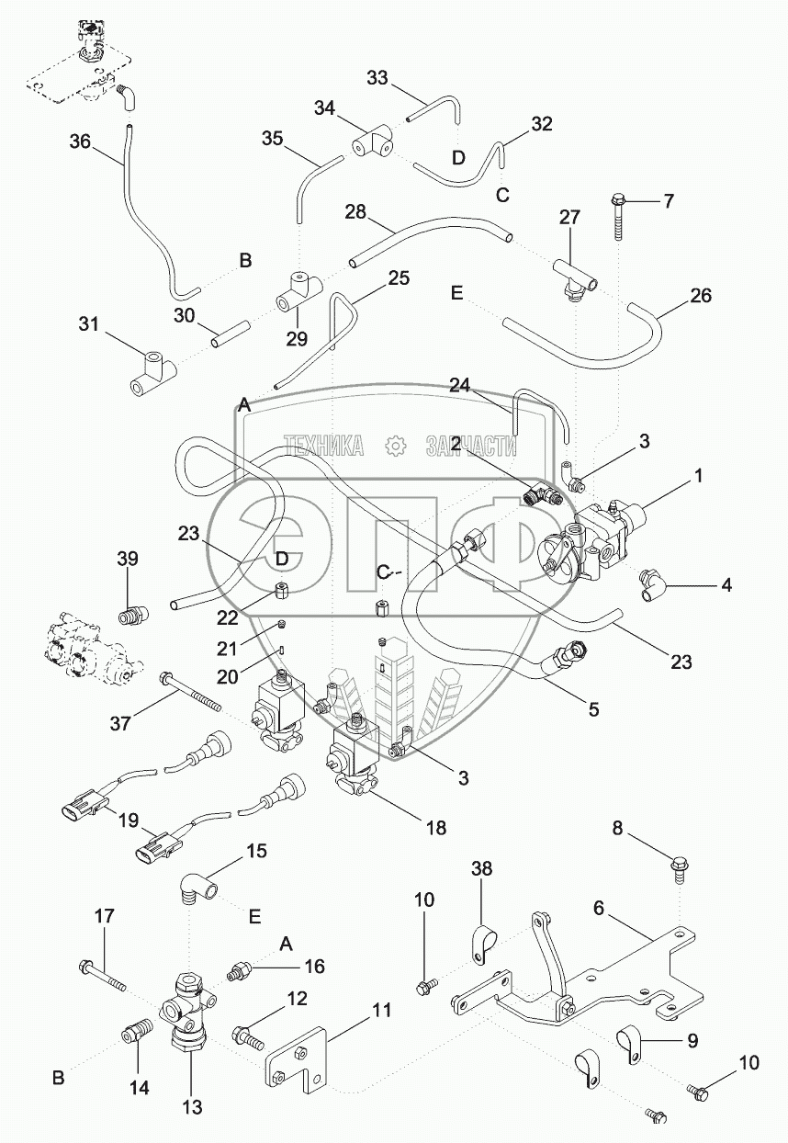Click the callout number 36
coord(81,141)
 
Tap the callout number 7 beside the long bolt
coord(668,200)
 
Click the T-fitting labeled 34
coord(373,142)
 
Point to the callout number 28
coord(355,211)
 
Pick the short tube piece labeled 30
coord(229,334)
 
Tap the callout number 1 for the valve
coord(698,476)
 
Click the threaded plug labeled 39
coord(133,615)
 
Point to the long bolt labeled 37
coord(190,692)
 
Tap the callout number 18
coord(436,827)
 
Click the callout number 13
coord(193,1107)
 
